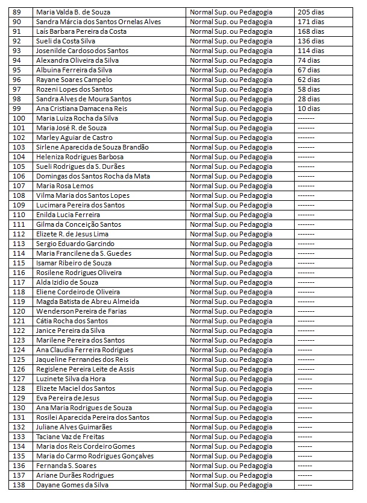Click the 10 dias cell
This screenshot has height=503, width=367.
click(309, 109)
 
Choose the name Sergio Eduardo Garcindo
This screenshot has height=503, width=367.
click(75, 244)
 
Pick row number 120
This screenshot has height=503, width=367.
click(19, 311)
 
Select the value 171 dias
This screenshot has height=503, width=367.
click(310, 22)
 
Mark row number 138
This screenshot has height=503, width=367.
click(19, 485)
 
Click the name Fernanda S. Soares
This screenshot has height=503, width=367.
click(66, 466)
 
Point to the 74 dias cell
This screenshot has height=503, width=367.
click(308, 60)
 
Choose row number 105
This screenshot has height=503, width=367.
click(19, 166)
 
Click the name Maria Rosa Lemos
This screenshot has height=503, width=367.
click(65, 186)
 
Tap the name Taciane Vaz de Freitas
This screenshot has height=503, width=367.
click(71, 437)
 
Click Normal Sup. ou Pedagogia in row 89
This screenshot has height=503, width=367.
click(231, 12)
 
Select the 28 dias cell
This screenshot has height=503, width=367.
click(309, 99)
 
